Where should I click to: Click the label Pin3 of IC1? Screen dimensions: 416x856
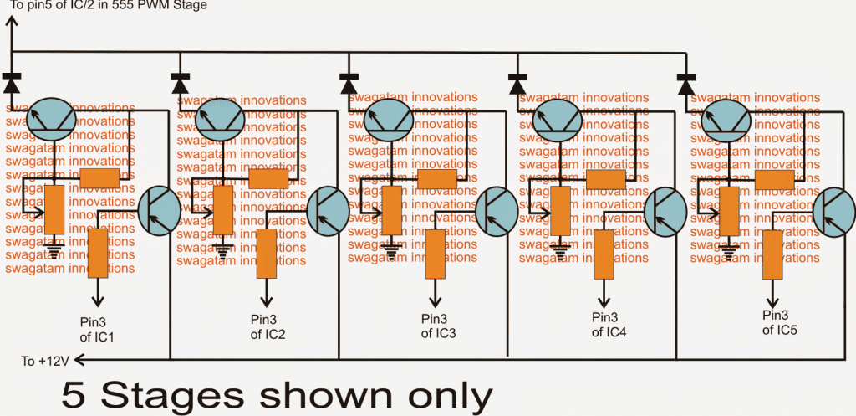[x=99, y=329]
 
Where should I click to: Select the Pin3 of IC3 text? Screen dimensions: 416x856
[x=438, y=326]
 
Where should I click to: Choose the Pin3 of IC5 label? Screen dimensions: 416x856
[x=779, y=323]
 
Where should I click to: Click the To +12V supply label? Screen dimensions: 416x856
[x=48, y=361]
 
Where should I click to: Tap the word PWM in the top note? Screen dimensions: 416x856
[x=149, y=5]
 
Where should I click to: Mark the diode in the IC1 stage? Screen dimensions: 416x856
[x=11, y=83]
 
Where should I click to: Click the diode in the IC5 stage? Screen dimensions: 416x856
[x=686, y=83]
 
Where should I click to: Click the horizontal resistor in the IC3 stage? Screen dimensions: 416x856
[x=436, y=179]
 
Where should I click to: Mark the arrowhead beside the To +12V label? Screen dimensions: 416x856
[x=79, y=360]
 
